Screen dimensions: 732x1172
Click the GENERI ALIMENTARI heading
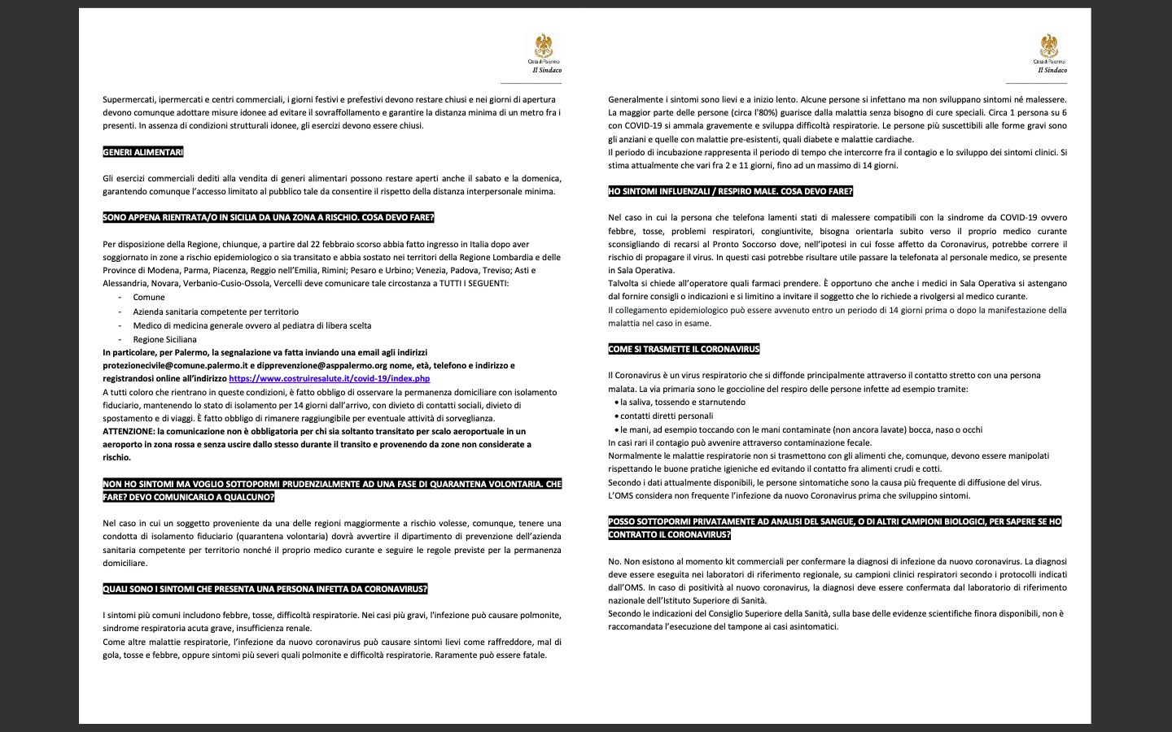point(143,152)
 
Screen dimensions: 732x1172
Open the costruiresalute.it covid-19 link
point(329,379)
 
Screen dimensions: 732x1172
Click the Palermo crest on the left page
point(543,46)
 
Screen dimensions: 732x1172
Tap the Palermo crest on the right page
point(1048,46)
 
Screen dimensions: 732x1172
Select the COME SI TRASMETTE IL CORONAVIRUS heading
point(684,349)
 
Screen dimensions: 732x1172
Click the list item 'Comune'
point(149,298)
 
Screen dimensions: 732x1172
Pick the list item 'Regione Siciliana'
point(164,340)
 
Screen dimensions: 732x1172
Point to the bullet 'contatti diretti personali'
point(666,416)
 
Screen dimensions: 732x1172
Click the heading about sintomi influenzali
point(730,192)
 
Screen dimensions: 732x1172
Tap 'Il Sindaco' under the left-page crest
point(547,71)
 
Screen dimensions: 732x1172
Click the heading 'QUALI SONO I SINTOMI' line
point(265,589)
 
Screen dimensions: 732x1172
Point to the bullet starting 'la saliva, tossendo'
point(682,403)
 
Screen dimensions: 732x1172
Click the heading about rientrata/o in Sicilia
point(268,218)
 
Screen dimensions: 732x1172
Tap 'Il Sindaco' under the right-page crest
point(1052,71)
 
